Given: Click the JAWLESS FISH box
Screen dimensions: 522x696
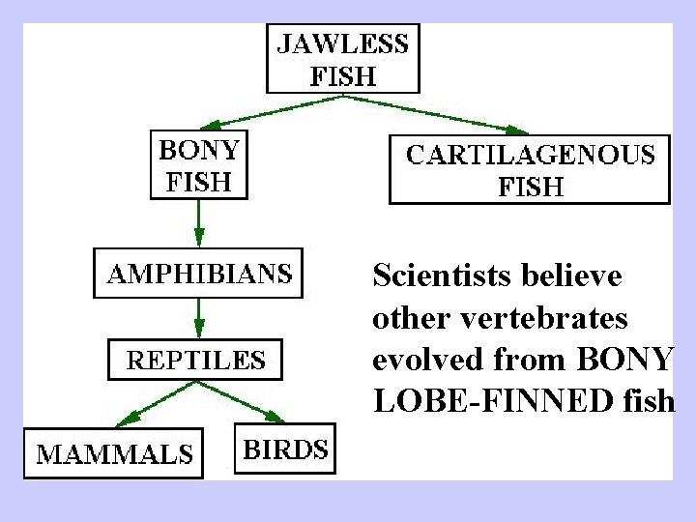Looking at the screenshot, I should pyautogui.click(x=342, y=59).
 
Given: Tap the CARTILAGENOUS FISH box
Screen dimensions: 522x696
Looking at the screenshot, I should pyautogui.click(x=530, y=170).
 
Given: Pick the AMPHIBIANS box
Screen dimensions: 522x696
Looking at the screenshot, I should pyautogui.click(x=198, y=274).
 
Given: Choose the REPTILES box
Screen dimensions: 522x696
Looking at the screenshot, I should pyautogui.click(x=197, y=362).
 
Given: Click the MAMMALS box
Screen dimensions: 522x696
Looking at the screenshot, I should pyautogui.click(x=114, y=452).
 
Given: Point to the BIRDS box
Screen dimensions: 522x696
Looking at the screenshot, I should pyautogui.click(x=285, y=449).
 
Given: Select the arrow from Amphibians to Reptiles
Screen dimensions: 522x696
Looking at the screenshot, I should pyautogui.click(x=198, y=317).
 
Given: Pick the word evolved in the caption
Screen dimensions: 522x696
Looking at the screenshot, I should pyautogui.click(x=421, y=360).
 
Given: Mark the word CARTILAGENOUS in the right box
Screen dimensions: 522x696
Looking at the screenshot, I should pyautogui.click(x=530, y=155).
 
